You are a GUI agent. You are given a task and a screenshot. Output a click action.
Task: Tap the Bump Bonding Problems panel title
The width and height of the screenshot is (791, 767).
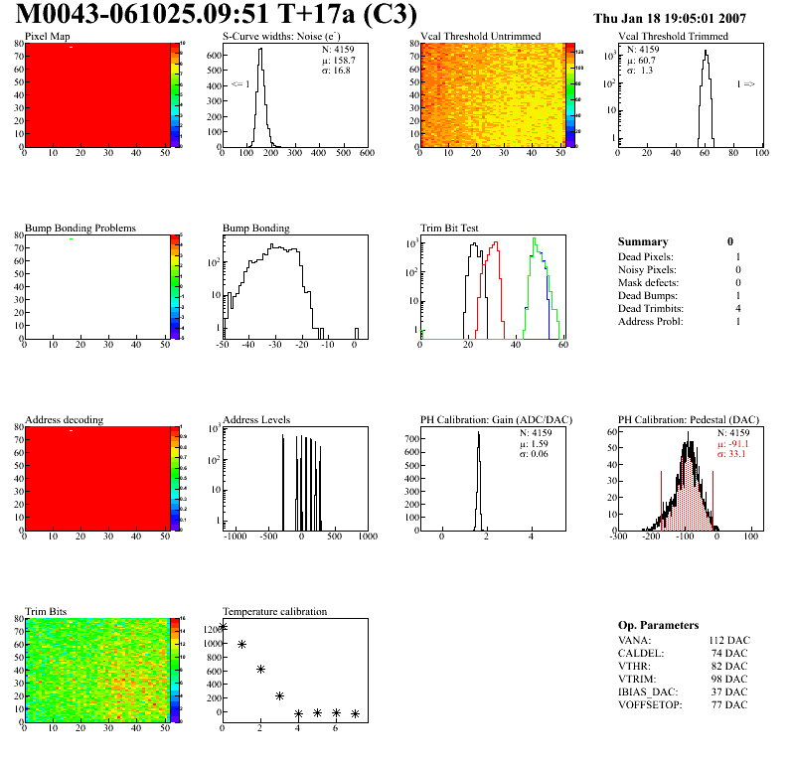point(79,228)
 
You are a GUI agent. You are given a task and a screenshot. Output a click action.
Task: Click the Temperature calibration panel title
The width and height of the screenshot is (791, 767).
point(274,611)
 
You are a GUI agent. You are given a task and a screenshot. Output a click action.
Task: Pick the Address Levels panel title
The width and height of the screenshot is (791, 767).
point(256,419)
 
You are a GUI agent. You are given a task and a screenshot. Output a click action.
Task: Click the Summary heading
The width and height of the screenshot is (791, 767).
point(643,241)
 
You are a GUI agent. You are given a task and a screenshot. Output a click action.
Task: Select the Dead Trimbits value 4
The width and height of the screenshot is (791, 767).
point(736,309)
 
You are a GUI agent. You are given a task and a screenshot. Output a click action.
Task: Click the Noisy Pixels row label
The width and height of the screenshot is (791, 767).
point(647,270)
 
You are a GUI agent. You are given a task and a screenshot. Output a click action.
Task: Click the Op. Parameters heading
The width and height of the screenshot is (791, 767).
point(658,625)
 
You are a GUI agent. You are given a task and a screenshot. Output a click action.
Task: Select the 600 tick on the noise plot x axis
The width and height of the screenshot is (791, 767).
point(366,153)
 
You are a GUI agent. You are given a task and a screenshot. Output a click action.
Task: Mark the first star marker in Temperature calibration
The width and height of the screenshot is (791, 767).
point(223,626)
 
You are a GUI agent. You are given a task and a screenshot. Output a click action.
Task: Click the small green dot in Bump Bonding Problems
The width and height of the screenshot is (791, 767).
point(72,238)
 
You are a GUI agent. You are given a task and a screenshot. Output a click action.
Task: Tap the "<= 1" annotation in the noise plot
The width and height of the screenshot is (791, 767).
point(239,84)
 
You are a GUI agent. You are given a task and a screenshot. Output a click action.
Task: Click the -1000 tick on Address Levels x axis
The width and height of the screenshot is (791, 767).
point(235,537)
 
